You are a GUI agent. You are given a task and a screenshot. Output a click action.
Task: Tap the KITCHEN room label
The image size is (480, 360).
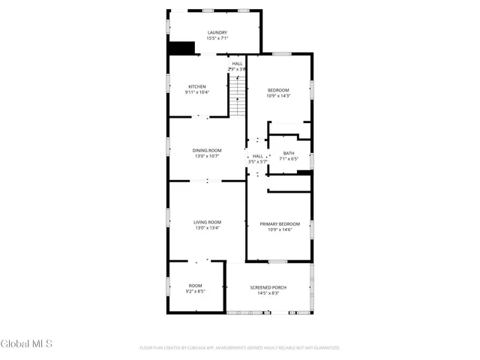[196, 86]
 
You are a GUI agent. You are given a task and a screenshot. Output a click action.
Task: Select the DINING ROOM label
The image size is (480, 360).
[207, 150]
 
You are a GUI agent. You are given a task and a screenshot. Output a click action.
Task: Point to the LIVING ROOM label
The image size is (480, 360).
[207, 222]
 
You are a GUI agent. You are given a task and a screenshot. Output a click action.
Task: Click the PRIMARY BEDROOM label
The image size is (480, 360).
[280, 224]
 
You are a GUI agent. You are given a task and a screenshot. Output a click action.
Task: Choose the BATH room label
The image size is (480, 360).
[289, 153]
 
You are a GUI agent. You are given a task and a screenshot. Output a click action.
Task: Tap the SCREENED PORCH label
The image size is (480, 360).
[268, 287]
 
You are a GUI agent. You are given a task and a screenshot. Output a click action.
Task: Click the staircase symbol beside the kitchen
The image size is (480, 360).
[238, 96]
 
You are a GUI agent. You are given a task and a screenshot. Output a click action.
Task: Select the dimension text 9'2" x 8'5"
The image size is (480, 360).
[196, 292]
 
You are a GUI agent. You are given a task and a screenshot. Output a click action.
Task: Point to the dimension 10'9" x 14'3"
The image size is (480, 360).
[278, 96]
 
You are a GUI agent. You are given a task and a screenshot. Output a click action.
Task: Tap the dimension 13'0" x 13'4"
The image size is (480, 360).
[207, 228]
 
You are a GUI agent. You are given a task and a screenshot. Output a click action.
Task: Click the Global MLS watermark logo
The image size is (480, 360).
[26, 344]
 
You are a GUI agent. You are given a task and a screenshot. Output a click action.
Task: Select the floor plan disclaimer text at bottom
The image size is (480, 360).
[240, 348]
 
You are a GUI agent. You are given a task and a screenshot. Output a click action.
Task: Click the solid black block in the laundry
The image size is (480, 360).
[181, 47]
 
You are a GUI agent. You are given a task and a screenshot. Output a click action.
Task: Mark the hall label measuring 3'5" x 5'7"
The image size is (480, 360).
[258, 161]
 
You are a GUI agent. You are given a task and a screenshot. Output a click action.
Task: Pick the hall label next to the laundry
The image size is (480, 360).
[237, 64]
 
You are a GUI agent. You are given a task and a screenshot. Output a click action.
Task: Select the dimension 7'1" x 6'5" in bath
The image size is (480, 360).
[289, 158]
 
